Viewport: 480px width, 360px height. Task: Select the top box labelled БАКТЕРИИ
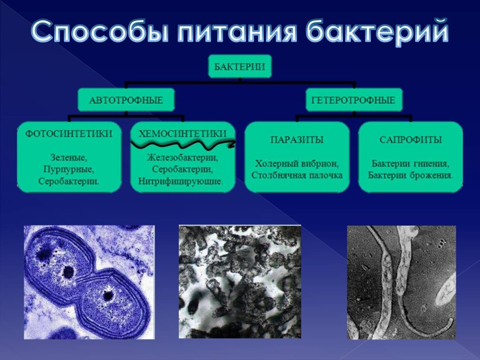(x=239, y=66)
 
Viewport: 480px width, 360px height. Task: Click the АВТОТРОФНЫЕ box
(x=127, y=99)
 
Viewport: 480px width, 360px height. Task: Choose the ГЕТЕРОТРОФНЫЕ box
(x=353, y=99)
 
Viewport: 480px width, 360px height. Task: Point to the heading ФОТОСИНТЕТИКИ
(x=69, y=133)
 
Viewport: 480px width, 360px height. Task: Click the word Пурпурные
(x=69, y=169)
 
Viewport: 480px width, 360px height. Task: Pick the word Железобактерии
(x=182, y=157)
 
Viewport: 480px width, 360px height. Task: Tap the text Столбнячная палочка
(x=297, y=175)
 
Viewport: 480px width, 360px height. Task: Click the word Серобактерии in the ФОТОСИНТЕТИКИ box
(x=69, y=181)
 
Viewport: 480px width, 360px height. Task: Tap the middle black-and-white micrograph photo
(x=240, y=281)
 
